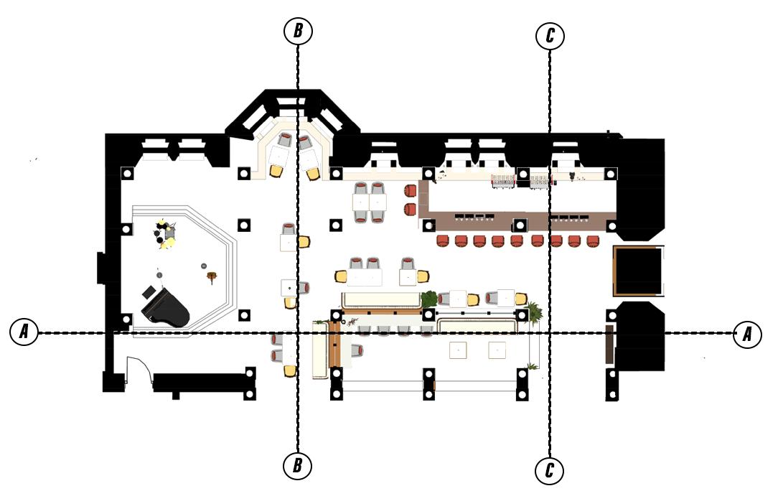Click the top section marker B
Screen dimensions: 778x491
point(298,31)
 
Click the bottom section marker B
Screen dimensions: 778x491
point(297,466)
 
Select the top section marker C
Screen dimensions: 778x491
point(550,36)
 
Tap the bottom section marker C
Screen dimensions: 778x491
point(549,470)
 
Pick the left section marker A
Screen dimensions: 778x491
point(24,331)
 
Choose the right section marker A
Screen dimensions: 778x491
point(747,334)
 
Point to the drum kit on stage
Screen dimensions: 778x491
point(166,233)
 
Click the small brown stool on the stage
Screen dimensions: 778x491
point(213,276)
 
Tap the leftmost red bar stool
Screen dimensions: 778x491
point(443,241)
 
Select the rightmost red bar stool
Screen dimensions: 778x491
point(592,241)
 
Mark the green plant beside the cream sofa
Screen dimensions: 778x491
point(429,299)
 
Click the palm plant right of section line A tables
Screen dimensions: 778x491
point(534,312)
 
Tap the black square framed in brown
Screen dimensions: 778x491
point(638,271)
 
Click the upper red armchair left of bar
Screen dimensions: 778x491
point(411,191)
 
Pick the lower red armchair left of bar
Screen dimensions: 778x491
point(411,210)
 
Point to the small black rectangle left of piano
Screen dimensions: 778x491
point(149,292)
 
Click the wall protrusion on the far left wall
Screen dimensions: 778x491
point(100,268)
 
